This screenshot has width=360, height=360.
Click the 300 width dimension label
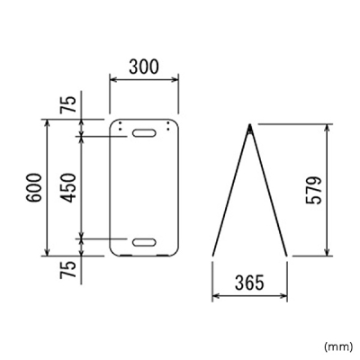(143, 67)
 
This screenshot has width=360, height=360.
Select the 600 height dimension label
(33, 187)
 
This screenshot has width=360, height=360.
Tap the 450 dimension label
(67, 187)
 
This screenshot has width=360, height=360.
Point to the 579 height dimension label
(314, 191)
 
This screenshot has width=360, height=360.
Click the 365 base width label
(249, 283)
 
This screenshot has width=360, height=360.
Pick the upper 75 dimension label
(67, 104)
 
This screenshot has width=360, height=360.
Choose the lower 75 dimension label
(67, 270)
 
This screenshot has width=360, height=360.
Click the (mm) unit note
(338, 346)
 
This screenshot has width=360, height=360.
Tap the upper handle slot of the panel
(144, 133)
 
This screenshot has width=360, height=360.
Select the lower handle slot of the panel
(144, 242)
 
